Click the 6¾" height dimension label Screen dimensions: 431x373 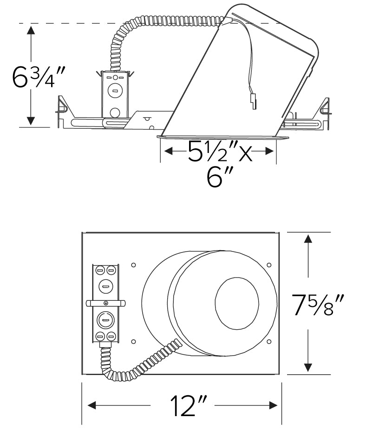point(40,78)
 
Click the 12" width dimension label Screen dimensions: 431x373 point(182,405)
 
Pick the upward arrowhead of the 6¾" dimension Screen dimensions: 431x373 point(31,31)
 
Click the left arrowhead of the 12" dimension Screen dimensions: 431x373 point(92,405)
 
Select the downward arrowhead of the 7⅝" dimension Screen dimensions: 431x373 point(308,367)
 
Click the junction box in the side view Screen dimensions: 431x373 point(114,95)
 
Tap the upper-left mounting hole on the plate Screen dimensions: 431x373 point(133,265)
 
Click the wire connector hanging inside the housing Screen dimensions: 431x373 point(254,100)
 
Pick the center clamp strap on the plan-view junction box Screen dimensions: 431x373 point(106,303)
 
